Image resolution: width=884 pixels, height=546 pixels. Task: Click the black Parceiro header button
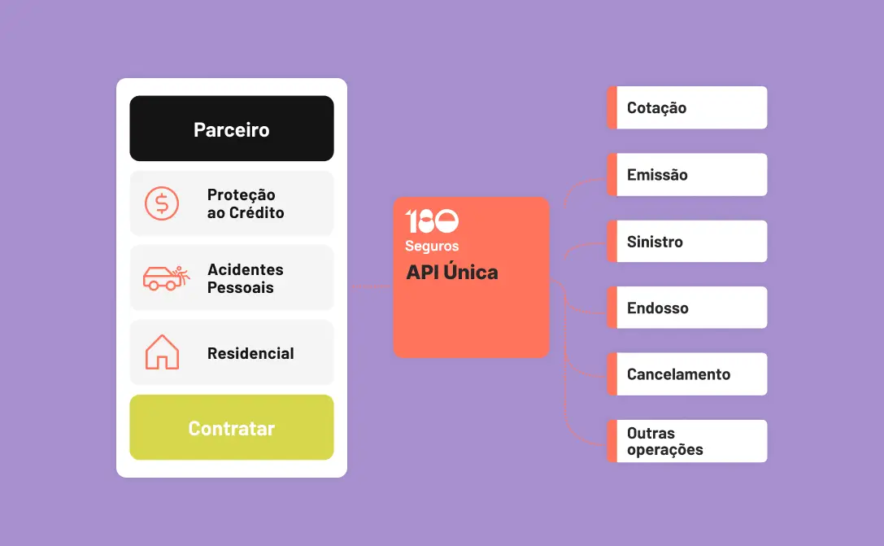tap(231, 129)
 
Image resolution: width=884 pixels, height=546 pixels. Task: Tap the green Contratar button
tap(231, 427)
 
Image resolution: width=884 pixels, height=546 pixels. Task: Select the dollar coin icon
tap(162, 203)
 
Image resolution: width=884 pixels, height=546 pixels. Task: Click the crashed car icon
tap(166, 277)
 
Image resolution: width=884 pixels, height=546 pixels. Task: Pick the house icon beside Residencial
tap(162, 352)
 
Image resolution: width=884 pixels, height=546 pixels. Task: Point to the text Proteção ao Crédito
tap(246, 203)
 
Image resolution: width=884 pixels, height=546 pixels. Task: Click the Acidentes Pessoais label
tap(246, 278)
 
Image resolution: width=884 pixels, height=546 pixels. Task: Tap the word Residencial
tap(250, 353)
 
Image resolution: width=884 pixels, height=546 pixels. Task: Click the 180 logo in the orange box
tap(432, 221)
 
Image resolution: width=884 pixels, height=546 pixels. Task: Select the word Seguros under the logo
tap(432, 246)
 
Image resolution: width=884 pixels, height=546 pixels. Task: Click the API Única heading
tap(452, 273)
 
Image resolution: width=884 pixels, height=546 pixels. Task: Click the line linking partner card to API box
tap(370, 286)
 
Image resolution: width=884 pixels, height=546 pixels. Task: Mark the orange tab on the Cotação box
tap(612, 107)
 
